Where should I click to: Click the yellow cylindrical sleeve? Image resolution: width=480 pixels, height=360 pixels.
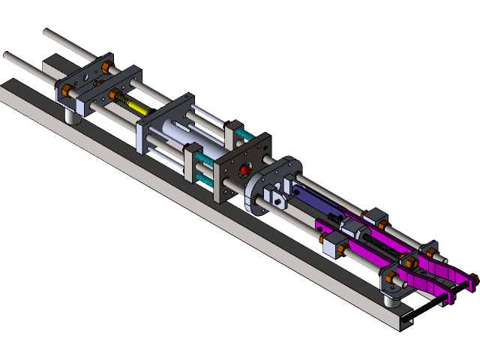coord(136,107)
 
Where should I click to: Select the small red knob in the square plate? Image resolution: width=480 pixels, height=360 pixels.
coord(244,171)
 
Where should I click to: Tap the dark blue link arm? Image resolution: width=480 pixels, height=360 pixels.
coord(315,199)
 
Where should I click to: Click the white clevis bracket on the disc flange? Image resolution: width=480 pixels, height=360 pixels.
coord(279,199)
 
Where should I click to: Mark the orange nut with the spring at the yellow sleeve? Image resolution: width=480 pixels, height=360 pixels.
coord(115,96)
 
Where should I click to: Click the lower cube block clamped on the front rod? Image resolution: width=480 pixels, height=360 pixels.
coord(333,244)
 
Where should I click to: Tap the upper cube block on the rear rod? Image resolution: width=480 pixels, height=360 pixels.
coord(375,217)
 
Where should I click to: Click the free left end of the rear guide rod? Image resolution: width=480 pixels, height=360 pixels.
coord(47,33)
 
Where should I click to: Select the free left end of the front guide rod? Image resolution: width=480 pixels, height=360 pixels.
coord(7,55)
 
